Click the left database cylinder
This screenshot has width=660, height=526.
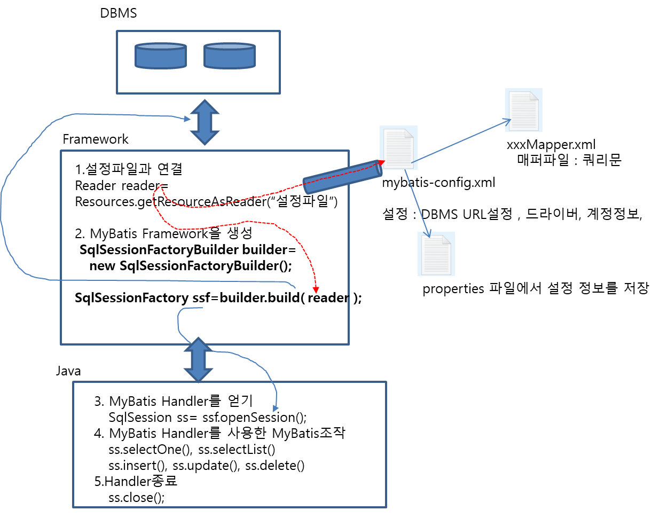161,56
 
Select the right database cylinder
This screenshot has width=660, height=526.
230,56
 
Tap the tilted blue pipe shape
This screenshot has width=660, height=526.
342,177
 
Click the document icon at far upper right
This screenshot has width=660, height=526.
523,110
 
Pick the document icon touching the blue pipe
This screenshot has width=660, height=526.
398,148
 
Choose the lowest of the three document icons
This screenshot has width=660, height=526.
436,254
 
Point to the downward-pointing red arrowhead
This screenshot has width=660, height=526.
316,290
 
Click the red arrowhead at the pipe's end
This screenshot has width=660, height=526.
381,162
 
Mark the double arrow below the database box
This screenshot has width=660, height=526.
205,122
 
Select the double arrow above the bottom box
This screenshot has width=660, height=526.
199,359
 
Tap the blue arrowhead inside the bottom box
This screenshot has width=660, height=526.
276,409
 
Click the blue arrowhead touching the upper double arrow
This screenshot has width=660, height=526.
187,119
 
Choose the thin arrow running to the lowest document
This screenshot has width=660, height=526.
418,203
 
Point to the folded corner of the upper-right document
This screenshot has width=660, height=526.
534,96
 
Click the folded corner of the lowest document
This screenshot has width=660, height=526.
446,239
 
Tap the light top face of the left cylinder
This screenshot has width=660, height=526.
161,46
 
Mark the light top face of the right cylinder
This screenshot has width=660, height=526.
230,46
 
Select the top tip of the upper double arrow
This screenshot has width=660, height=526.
205,101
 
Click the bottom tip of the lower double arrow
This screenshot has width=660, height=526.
199,381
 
